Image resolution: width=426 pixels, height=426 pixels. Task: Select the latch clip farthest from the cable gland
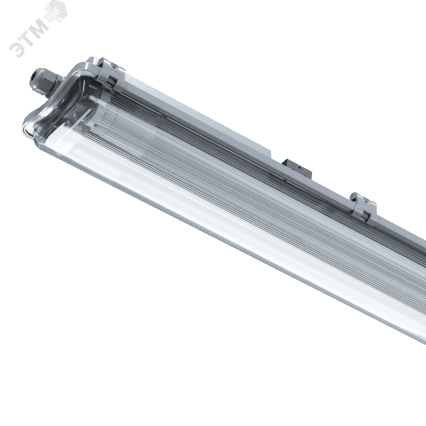click(x=363, y=207)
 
